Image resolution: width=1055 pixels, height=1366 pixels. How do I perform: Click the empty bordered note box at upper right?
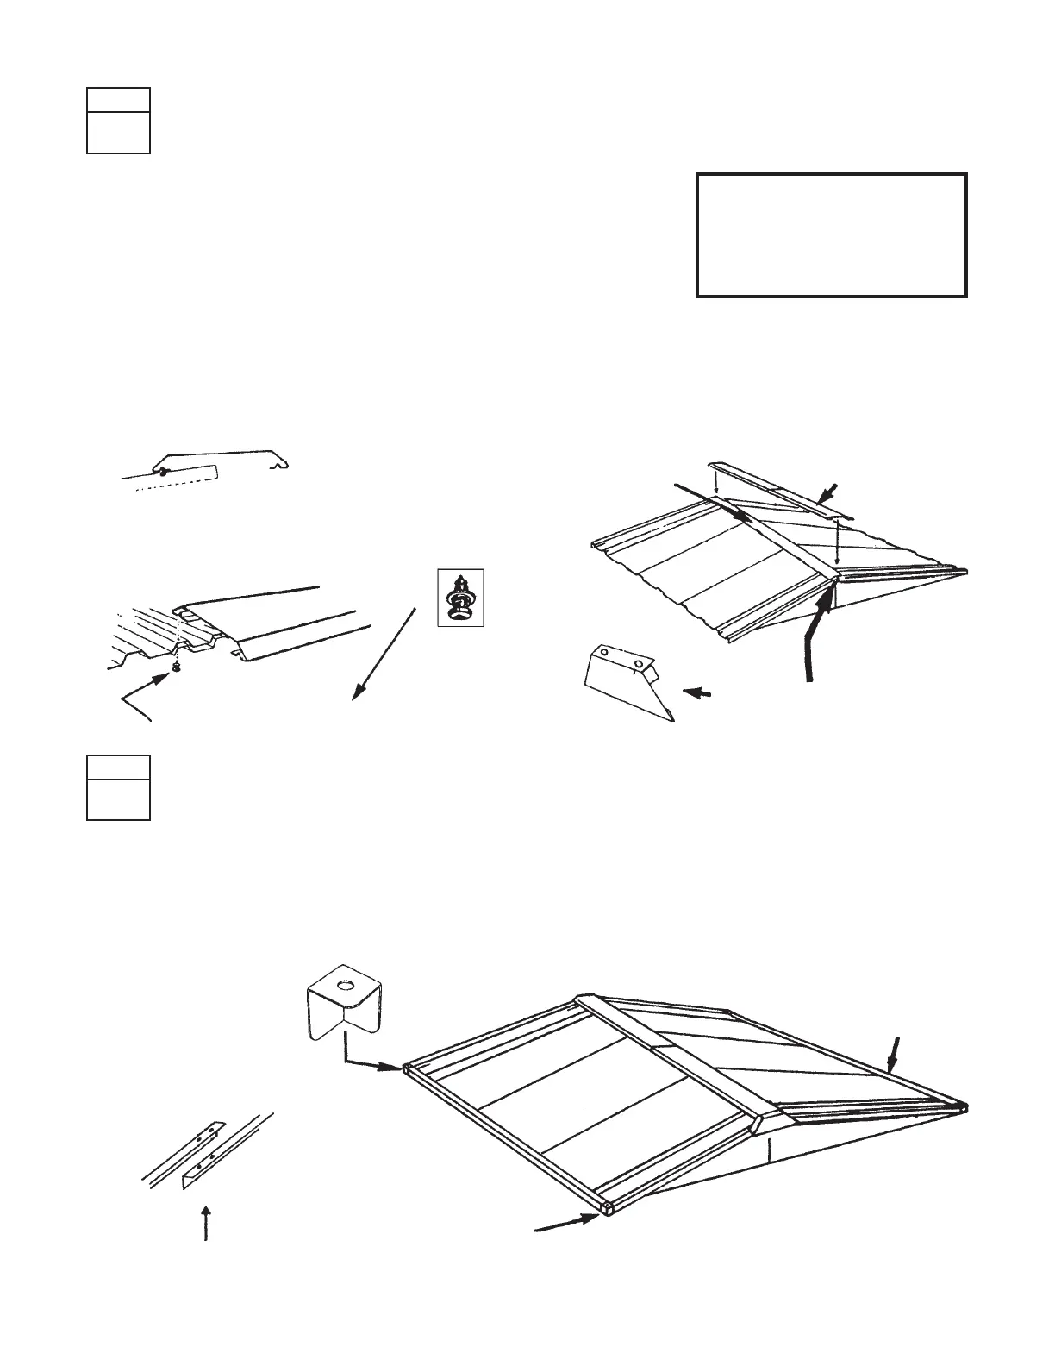(x=831, y=235)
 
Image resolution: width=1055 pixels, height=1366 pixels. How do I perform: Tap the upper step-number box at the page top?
(x=118, y=121)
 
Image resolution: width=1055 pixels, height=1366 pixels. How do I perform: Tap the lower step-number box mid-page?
(x=118, y=787)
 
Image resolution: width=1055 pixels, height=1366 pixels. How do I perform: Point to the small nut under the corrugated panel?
(x=176, y=666)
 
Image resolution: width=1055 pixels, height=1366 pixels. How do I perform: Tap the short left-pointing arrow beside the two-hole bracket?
(x=698, y=692)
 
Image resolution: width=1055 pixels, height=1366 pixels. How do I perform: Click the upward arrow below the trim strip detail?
(x=205, y=1223)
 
